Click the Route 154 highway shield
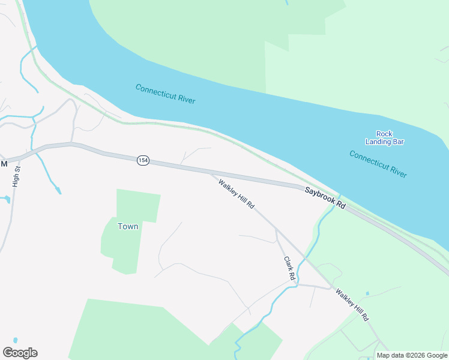click(143, 161)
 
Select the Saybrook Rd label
click(325, 197)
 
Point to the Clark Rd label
click(289, 269)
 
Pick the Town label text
click(128, 226)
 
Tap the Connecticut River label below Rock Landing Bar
click(378, 164)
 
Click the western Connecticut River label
click(165, 94)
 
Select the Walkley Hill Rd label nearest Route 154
click(237, 194)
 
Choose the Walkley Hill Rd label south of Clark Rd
click(352, 305)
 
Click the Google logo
click(20, 353)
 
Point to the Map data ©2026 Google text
click(412, 355)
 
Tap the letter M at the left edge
click(4, 163)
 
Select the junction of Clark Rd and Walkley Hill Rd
click(276, 229)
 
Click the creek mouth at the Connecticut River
click(339, 196)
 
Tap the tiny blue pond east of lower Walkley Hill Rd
click(367, 294)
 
